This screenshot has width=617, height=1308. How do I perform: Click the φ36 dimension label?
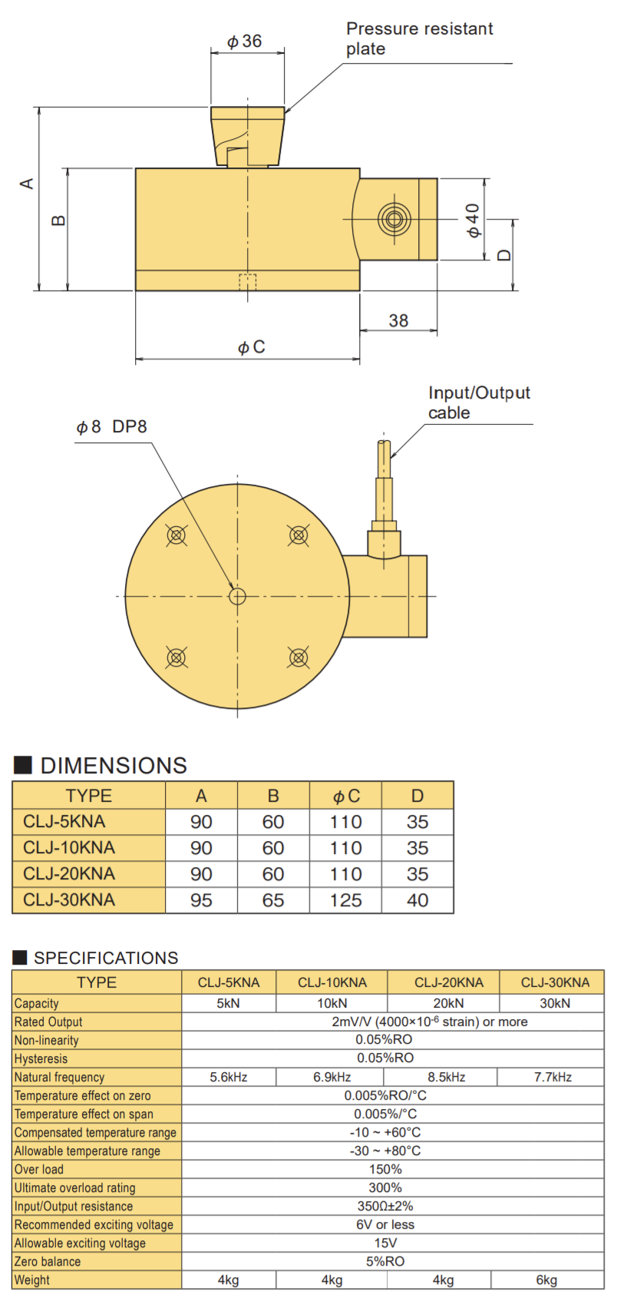pyautogui.click(x=244, y=41)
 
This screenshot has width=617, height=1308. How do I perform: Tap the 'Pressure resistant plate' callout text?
pyautogui.click(x=419, y=38)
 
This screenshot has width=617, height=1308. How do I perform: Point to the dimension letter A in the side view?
pyautogui.click(x=27, y=184)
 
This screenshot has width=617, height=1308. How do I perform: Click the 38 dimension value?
pyautogui.click(x=399, y=320)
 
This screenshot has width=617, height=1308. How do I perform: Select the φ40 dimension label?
pyautogui.click(x=473, y=220)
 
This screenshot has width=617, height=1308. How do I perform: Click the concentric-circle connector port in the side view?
pyautogui.click(x=394, y=219)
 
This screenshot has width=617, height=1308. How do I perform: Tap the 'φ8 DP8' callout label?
pyautogui.click(x=111, y=427)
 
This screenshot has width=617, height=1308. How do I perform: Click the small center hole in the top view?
pyautogui.click(x=237, y=596)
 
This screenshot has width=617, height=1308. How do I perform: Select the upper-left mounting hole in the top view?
pyautogui.click(x=176, y=535)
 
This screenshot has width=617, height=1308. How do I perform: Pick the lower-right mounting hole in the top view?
pyautogui.click(x=299, y=657)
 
